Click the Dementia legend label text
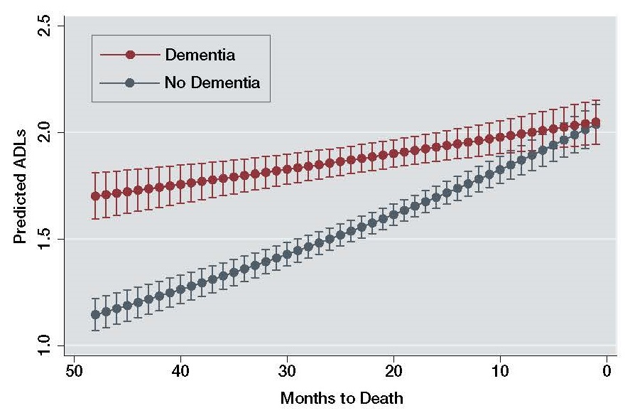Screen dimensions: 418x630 coord(200,54)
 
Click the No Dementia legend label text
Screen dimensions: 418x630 coord(212,82)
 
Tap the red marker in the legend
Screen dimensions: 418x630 coord(130,55)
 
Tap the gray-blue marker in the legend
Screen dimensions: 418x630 coord(130,83)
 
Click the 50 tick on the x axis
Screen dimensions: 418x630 coord(74,371)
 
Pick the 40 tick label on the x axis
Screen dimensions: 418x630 coord(180,371)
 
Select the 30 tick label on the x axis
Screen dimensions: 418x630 coord(287,371)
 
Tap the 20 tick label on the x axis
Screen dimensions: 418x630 coord(393,371)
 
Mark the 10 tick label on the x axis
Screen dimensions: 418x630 coord(500,371)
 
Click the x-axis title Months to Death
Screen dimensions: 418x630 coord(342,398)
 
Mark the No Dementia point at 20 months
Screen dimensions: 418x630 coord(393,214)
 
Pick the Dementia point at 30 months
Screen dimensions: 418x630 coord(287,169)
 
